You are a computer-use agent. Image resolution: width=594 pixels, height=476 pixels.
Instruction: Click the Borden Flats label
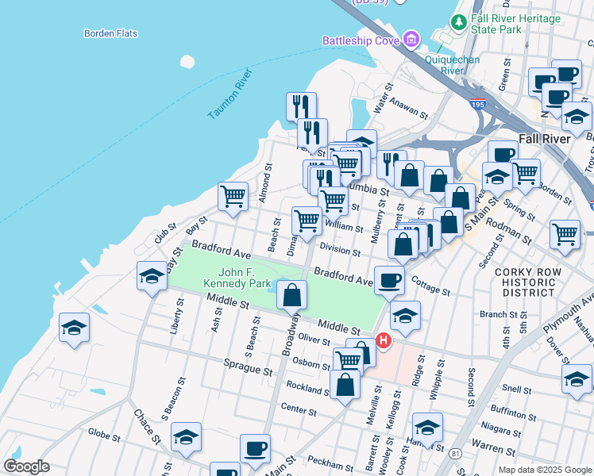pyautogui.click(x=110, y=33)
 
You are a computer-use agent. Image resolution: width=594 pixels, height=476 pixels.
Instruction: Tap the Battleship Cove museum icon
pyautogui.click(x=411, y=39)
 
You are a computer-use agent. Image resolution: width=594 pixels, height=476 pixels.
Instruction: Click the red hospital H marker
pyautogui.click(x=384, y=341)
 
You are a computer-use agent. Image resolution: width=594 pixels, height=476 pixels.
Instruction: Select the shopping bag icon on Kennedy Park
pyautogui.click(x=292, y=295)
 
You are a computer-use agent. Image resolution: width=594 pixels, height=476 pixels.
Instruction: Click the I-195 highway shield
pyautogui.click(x=477, y=104)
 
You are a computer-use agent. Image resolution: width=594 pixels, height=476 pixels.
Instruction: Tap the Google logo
pyautogui.click(x=26, y=466)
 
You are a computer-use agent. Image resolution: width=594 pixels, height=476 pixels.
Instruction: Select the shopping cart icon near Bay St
pyautogui.click(x=233, y=196)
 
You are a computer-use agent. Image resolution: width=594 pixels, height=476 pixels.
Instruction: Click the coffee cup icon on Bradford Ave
pyautogui.click(x=389, y=280)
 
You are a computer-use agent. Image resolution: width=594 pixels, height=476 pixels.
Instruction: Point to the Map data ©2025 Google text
pyautogui.click(x=544, y=470)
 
